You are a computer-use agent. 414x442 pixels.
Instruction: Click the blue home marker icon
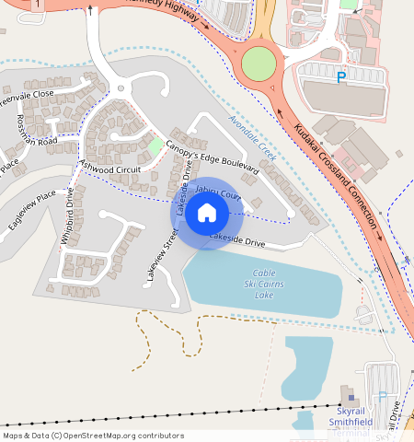[x=207, y=214]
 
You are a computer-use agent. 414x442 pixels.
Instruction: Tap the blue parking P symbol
[x=342, y=78]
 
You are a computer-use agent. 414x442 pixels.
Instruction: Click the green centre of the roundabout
[x=259, y=64]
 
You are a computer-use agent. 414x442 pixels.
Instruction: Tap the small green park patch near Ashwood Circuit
[x=155, y=145]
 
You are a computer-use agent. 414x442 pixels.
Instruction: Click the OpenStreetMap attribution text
[x=92, y=436]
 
